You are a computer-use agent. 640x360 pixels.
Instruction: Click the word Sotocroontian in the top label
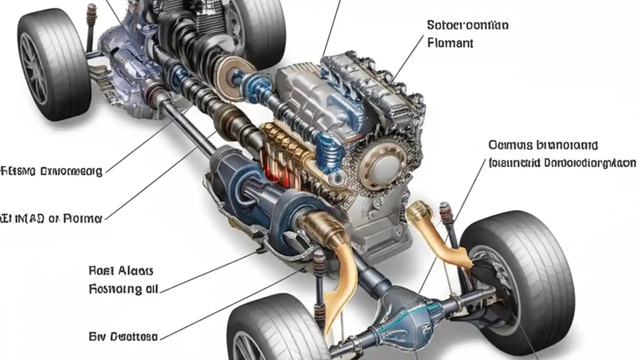tap(467, 25)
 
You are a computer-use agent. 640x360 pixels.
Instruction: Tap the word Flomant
tap(450, 43)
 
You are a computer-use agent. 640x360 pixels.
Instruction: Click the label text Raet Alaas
tap(120, 271)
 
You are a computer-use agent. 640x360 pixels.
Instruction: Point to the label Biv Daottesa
tap(123, 335)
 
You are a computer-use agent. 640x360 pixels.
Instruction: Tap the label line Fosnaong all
tap(123, 289)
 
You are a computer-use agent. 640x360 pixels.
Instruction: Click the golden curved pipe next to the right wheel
tap(440, 235)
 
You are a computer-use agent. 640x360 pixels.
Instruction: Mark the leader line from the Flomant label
tap(410, 60)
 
